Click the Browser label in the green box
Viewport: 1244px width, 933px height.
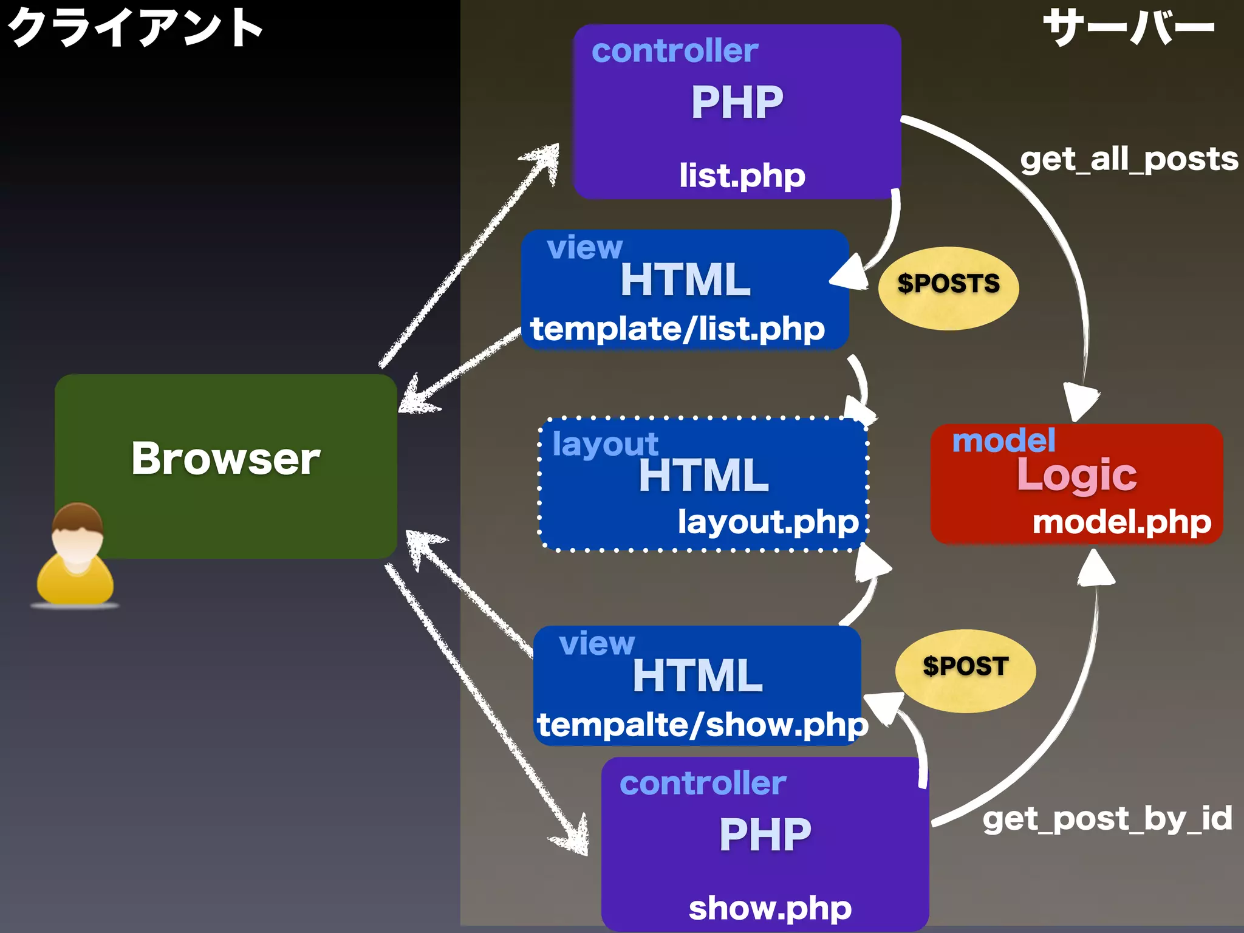pos(225,459)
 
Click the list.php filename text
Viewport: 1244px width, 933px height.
pos(742,176)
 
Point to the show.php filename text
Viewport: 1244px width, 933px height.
pos(770,908)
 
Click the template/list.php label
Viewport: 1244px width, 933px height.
pos(677,329)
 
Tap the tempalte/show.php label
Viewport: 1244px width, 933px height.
pos(702,725)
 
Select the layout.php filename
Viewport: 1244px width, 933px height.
pos(768,522)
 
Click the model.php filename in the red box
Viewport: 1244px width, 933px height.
pos(1121,522)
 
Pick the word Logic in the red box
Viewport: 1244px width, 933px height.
pos(1076,475)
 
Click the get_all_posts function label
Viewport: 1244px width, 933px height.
pos(1129,160)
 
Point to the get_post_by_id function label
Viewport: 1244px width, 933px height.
pos(1107,819)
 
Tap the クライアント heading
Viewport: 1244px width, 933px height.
pos(135,28)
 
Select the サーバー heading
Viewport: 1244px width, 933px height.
pos(1129,28)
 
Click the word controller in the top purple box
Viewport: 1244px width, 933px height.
pos(674,50)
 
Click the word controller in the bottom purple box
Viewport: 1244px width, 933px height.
pos(703,783)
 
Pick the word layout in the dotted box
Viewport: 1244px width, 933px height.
pos(605,445)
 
